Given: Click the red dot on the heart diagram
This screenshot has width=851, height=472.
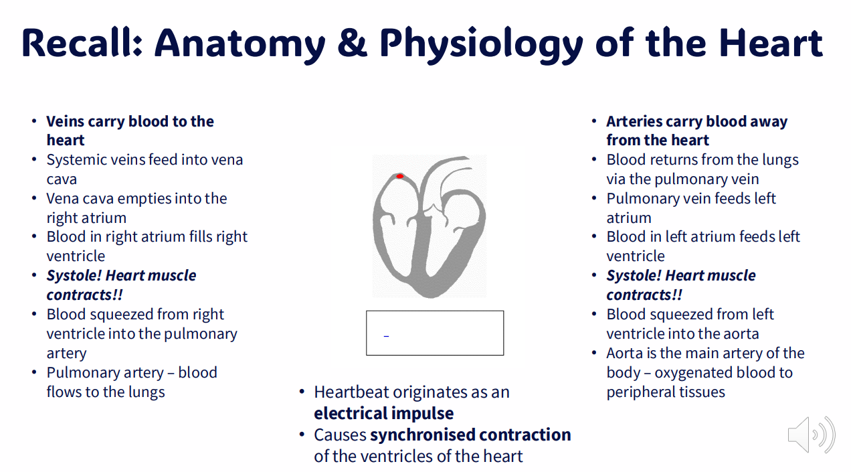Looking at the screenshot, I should tap(400, 176).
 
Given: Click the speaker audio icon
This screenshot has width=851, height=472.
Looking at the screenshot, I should tap(811, 435).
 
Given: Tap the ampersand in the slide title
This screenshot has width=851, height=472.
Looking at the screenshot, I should tap(353, 44).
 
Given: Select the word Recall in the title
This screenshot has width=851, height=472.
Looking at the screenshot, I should tap(81, 44).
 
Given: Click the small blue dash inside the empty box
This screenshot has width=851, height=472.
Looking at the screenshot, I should tap(386, 335).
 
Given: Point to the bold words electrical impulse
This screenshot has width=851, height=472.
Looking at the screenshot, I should tap(383, 413).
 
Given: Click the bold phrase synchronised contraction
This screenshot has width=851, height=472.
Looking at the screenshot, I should tap(470, 435).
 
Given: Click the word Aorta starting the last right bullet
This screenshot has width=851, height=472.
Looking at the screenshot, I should tap(625, 353).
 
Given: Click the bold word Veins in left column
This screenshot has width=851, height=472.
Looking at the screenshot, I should tap(66, 121).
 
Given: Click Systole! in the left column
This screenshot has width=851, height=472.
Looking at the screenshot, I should tap(74, 276).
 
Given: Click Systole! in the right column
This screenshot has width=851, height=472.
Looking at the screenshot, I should tap(634, 276).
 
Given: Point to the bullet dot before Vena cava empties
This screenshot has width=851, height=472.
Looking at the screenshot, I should tap(34, 199).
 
